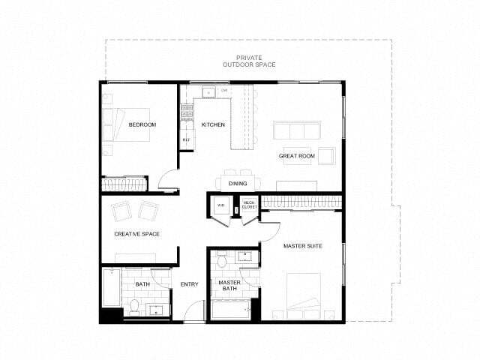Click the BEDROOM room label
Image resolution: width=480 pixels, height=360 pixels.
142,124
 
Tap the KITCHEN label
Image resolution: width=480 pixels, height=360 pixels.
213,124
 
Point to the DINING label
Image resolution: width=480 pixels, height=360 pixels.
238,182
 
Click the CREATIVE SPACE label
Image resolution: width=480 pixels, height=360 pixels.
136,234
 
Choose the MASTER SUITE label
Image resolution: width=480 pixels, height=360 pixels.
302,246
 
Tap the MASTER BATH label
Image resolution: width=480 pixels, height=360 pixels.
229,286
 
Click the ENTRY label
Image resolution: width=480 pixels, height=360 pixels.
189,283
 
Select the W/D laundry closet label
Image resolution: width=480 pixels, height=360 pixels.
221,205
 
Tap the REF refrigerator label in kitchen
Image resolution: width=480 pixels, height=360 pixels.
186,139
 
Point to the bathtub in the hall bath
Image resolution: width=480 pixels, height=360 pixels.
111,287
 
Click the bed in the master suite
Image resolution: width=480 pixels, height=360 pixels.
304,295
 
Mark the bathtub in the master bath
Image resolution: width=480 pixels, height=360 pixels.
231,309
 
